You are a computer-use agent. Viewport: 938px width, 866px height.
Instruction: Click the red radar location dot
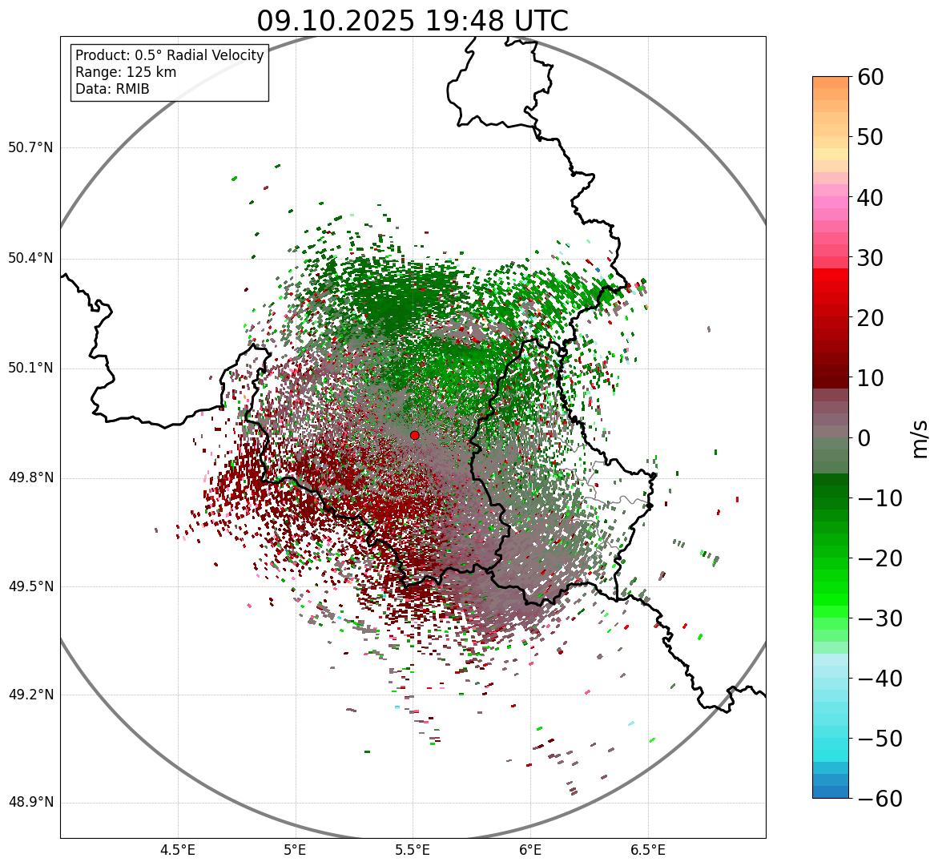pyautogui.click(x=414, y=435)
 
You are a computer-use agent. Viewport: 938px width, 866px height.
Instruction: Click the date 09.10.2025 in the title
pyautogui.click(x=335, y=21)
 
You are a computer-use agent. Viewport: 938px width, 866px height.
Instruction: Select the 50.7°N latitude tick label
pyautogui.click(x=30, y=148)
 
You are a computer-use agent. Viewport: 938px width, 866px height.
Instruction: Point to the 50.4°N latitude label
pyautogui.click(x=30, y=258)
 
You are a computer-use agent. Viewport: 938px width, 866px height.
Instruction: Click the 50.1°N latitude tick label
pyautogui.click(x=30, y=369)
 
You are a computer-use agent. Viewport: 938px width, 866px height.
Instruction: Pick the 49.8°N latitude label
pyautogui.click(x=30, y=478)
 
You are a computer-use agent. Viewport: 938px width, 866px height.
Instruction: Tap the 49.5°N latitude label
pyautogui.click(x=30, y=586)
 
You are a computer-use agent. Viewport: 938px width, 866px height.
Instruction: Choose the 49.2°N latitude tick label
pyautogui.click(x=30, y=695)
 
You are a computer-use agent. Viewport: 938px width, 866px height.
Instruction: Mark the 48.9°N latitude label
pyautogui.click(x=30, y=803)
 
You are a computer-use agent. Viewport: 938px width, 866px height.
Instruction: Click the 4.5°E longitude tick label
pyautogui.click(x=178, y=850)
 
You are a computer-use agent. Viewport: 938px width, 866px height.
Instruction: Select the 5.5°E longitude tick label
pyautogui.click(x=413, y=850)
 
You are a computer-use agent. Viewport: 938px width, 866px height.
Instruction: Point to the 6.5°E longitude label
pyautogui.click(x=647, y=850)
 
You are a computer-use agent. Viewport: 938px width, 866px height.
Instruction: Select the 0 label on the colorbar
pyautogui.click(x=864, y=438)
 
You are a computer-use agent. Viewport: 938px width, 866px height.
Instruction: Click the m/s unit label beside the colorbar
pyautogui.click(x=920, y=438)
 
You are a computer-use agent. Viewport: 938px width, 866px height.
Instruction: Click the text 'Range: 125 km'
pyautogui.click(x=126, y=72)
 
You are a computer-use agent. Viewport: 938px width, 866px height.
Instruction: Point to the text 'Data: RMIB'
pyautogui.click(x=112, y=89)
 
